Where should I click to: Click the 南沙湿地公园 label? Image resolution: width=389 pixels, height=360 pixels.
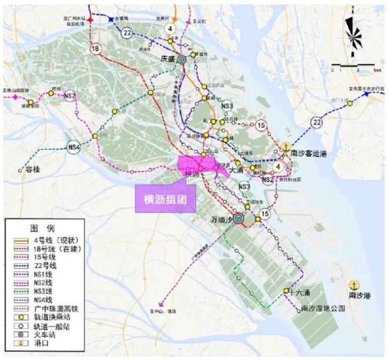tap(321, 308)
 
